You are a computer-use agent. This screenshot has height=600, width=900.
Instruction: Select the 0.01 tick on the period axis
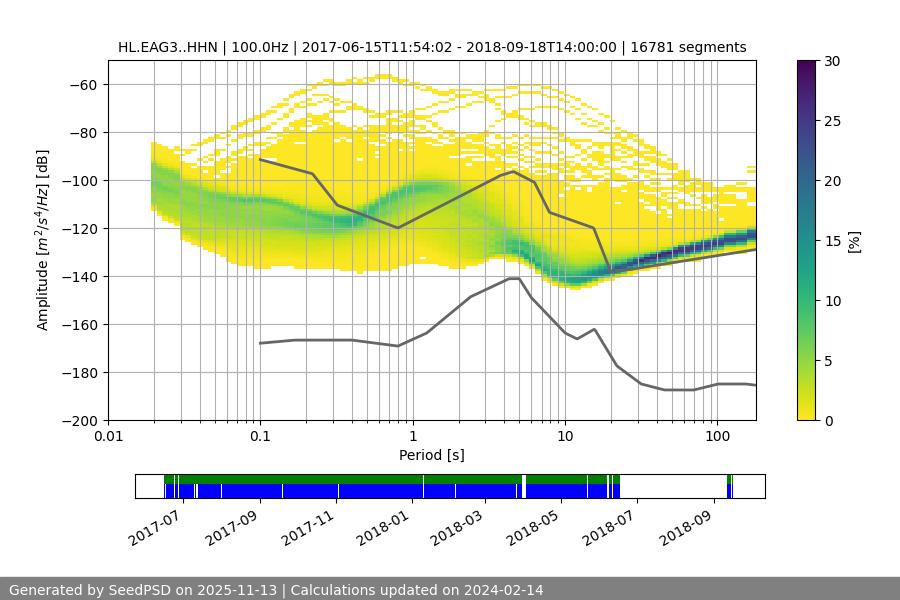click(108, 437)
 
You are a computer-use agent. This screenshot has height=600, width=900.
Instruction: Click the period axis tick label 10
click(565, 437)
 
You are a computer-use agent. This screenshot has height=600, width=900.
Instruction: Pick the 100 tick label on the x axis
click(717, 437)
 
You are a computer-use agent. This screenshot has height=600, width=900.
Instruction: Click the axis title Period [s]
click(432, 455)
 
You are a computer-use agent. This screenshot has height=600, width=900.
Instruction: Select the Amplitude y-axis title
click(43, 240)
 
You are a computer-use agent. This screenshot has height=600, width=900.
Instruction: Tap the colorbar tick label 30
click(832, 62)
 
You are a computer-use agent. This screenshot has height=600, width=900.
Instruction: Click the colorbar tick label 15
click(832, 241)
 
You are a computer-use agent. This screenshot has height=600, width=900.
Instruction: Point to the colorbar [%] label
click(854, 241)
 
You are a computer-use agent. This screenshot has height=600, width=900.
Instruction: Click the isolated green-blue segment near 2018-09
click(730, 486)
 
